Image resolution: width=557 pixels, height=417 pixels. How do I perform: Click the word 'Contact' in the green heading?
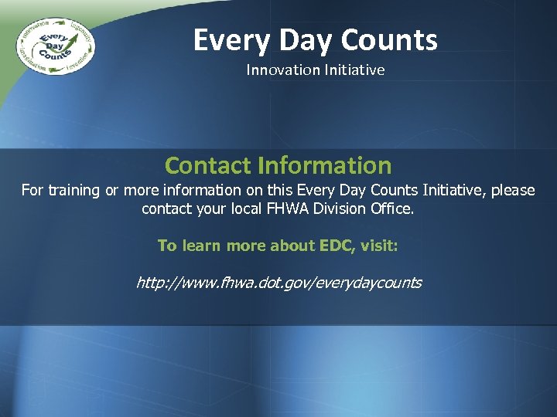208,165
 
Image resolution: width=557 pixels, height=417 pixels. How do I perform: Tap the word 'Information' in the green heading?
324,165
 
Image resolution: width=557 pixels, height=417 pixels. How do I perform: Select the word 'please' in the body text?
511,190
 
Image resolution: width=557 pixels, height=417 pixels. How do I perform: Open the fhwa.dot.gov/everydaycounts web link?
278,283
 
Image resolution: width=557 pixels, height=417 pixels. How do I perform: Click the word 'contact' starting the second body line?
166,208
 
